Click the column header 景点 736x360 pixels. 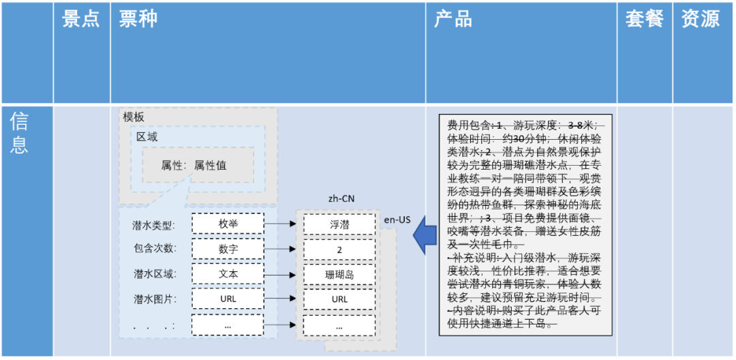(x=81, y=20)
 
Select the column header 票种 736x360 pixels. (x=138, y=20)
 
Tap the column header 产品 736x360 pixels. (x=453, y=20)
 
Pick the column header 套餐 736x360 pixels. (x=644, y=20)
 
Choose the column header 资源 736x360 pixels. (x=700, y=20)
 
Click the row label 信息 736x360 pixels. (x=19, y=133)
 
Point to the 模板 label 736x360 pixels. (x=134, y=117)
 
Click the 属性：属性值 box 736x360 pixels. (x=198, y=165)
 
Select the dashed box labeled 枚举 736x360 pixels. (x=228, y=224)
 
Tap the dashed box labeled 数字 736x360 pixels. (x=228, y=249)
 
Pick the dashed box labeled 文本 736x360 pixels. (x=228, y=274)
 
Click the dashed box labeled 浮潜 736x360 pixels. (x=339, y=224)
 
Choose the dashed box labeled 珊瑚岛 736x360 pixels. (x=339, y=274)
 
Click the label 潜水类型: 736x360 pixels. (x=153, y=224)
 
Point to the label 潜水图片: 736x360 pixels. (x=153, y=299)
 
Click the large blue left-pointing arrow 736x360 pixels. (x=423, y=235)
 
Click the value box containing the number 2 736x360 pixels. (x=339, y=249)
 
